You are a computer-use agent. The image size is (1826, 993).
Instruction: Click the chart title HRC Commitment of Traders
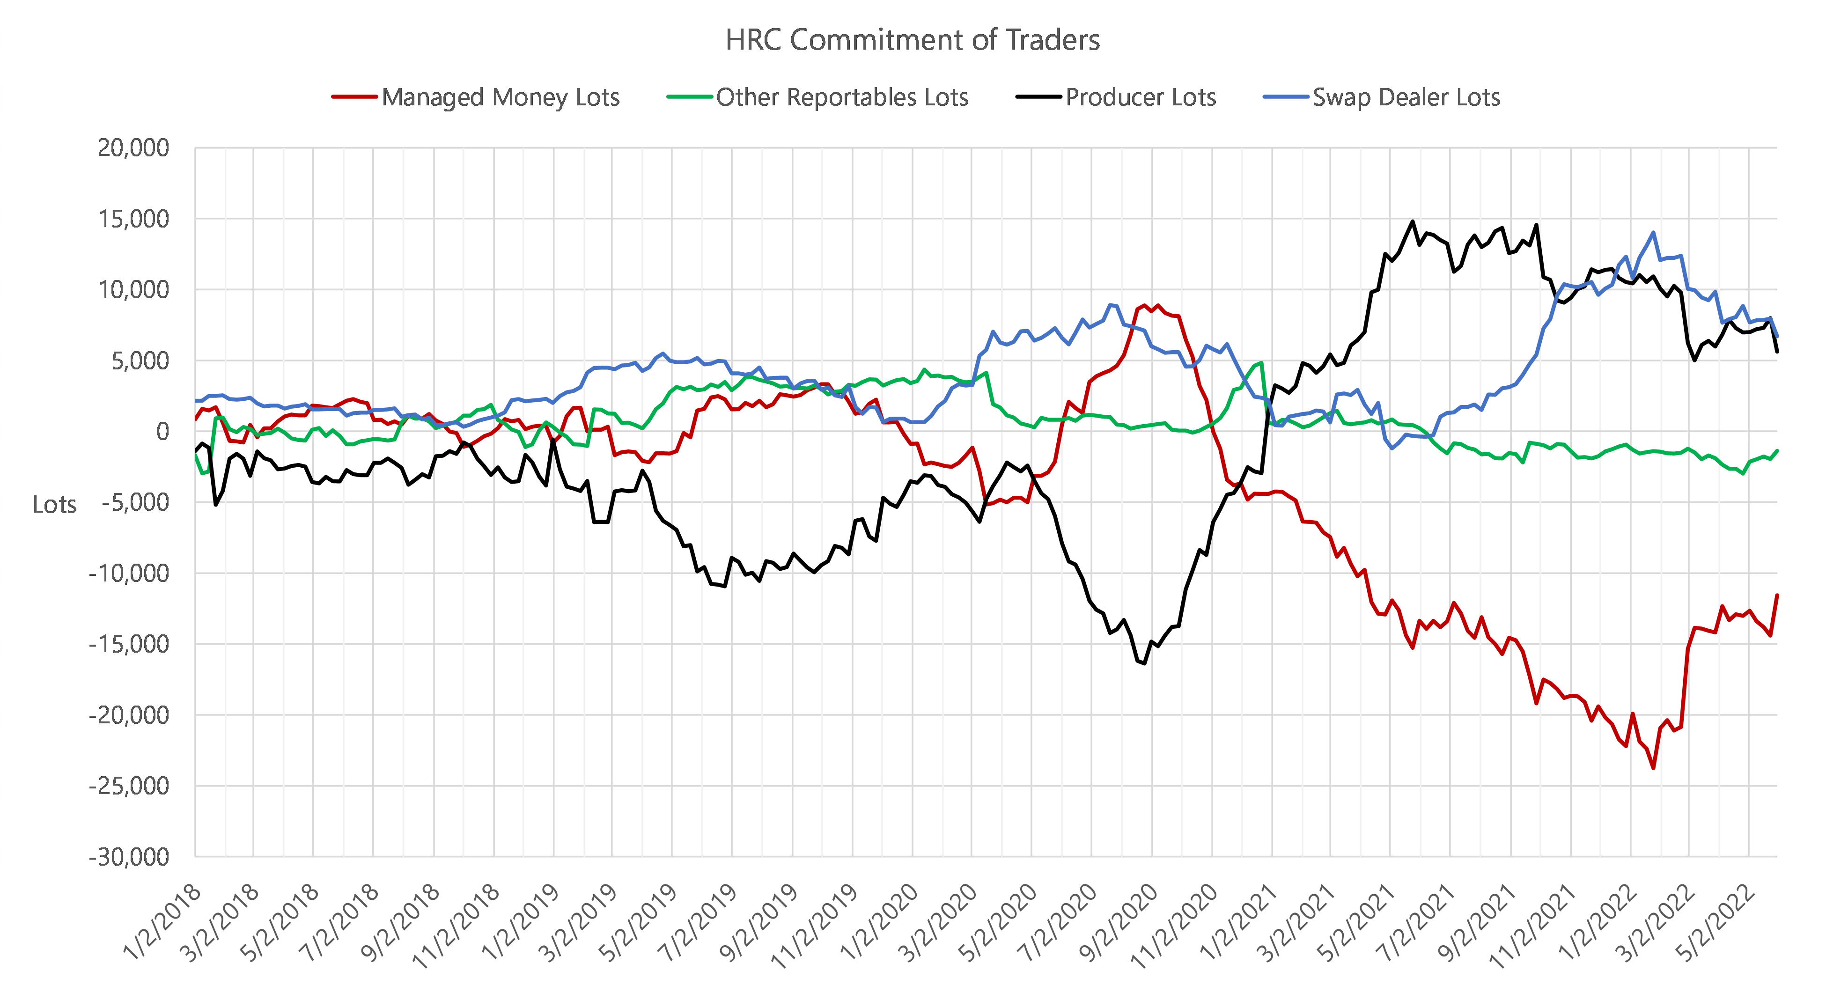912,40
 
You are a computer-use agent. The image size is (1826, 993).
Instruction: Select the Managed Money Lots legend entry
500,97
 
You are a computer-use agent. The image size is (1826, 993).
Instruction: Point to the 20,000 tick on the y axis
133,148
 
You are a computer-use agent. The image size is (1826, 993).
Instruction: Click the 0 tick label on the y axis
162,431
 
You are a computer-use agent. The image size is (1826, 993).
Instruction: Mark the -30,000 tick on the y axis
129,857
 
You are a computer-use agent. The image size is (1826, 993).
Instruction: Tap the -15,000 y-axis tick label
129,644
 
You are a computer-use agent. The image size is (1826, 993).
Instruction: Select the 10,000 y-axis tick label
133,290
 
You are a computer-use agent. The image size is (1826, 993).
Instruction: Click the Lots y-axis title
55,505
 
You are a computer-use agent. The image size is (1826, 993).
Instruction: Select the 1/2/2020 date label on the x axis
880,921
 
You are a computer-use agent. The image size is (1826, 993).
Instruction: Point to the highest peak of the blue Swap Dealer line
1654,233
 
